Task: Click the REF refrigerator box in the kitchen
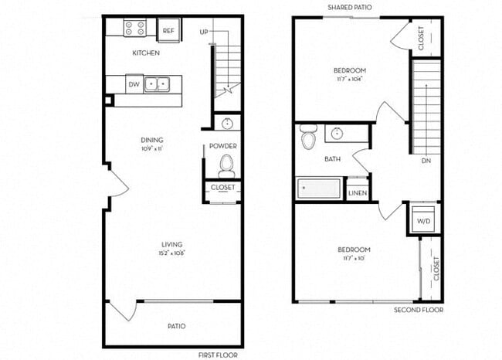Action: coord(168,30)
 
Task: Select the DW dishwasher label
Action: coord(134,84)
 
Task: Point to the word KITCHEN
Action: coord(146,53)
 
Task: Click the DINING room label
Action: coord(151,140)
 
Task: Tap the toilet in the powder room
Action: coord(226,165)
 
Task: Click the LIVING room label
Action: coord(171,244)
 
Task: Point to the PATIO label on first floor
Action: coord(175,326)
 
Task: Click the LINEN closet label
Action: coord(357,193)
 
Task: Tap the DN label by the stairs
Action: coord(426,161)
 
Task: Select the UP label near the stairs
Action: coord(204,32)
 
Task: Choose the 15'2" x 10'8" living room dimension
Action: coord(171,253)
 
